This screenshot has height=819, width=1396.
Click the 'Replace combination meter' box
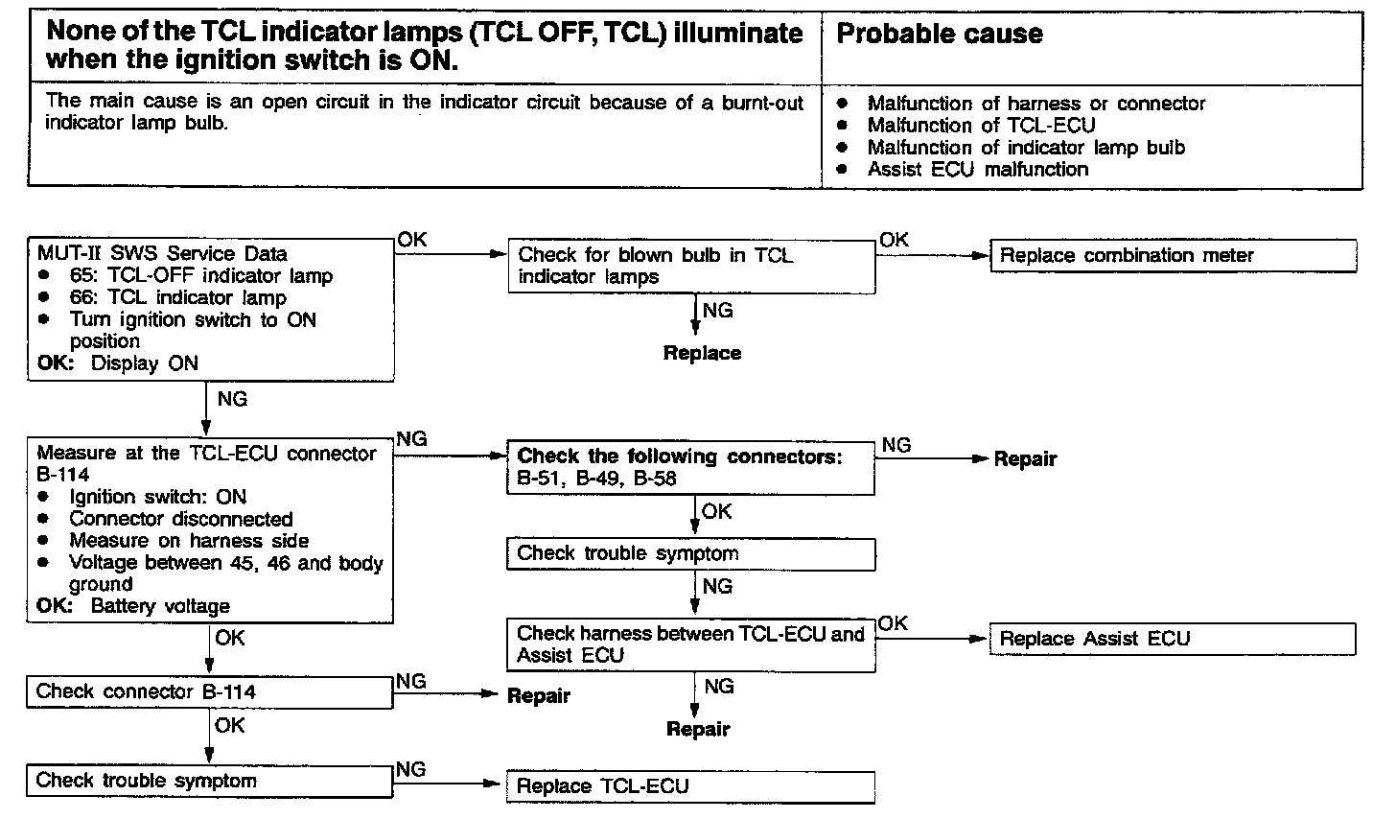tap(1173, 256)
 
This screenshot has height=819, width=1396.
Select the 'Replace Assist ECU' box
tap(1172, 639)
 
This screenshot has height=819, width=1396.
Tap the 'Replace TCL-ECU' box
tap(690, 786)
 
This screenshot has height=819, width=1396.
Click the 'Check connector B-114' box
tap(210, 691)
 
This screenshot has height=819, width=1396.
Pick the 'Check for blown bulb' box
tap(690, 266)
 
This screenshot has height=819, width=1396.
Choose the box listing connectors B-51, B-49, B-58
tap(690, 467)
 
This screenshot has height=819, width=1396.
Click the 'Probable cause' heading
tap(940, 35)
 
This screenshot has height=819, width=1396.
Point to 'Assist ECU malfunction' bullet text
tap(978, 170)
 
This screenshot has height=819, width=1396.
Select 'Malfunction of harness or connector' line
tap(1035, 104)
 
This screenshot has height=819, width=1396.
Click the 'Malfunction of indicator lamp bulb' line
tap(1026, 148)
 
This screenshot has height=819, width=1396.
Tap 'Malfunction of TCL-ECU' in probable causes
tap(981, 126)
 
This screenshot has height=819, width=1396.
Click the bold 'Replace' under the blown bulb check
tap(702, 353)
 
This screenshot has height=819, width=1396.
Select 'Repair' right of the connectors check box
tap(1025, 459)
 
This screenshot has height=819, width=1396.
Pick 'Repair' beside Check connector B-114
tap(538, 696)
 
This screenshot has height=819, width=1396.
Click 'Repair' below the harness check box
tap(698, 730)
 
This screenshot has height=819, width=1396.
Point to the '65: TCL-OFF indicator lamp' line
tap(200, 276)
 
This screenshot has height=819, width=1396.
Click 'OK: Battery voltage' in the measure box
tap(133, 606)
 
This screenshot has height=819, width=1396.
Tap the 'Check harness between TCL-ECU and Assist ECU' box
tap(690, 644)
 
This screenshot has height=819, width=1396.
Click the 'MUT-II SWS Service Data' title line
tap(162, 254)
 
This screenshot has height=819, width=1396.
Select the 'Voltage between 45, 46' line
tap(225, 563)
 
